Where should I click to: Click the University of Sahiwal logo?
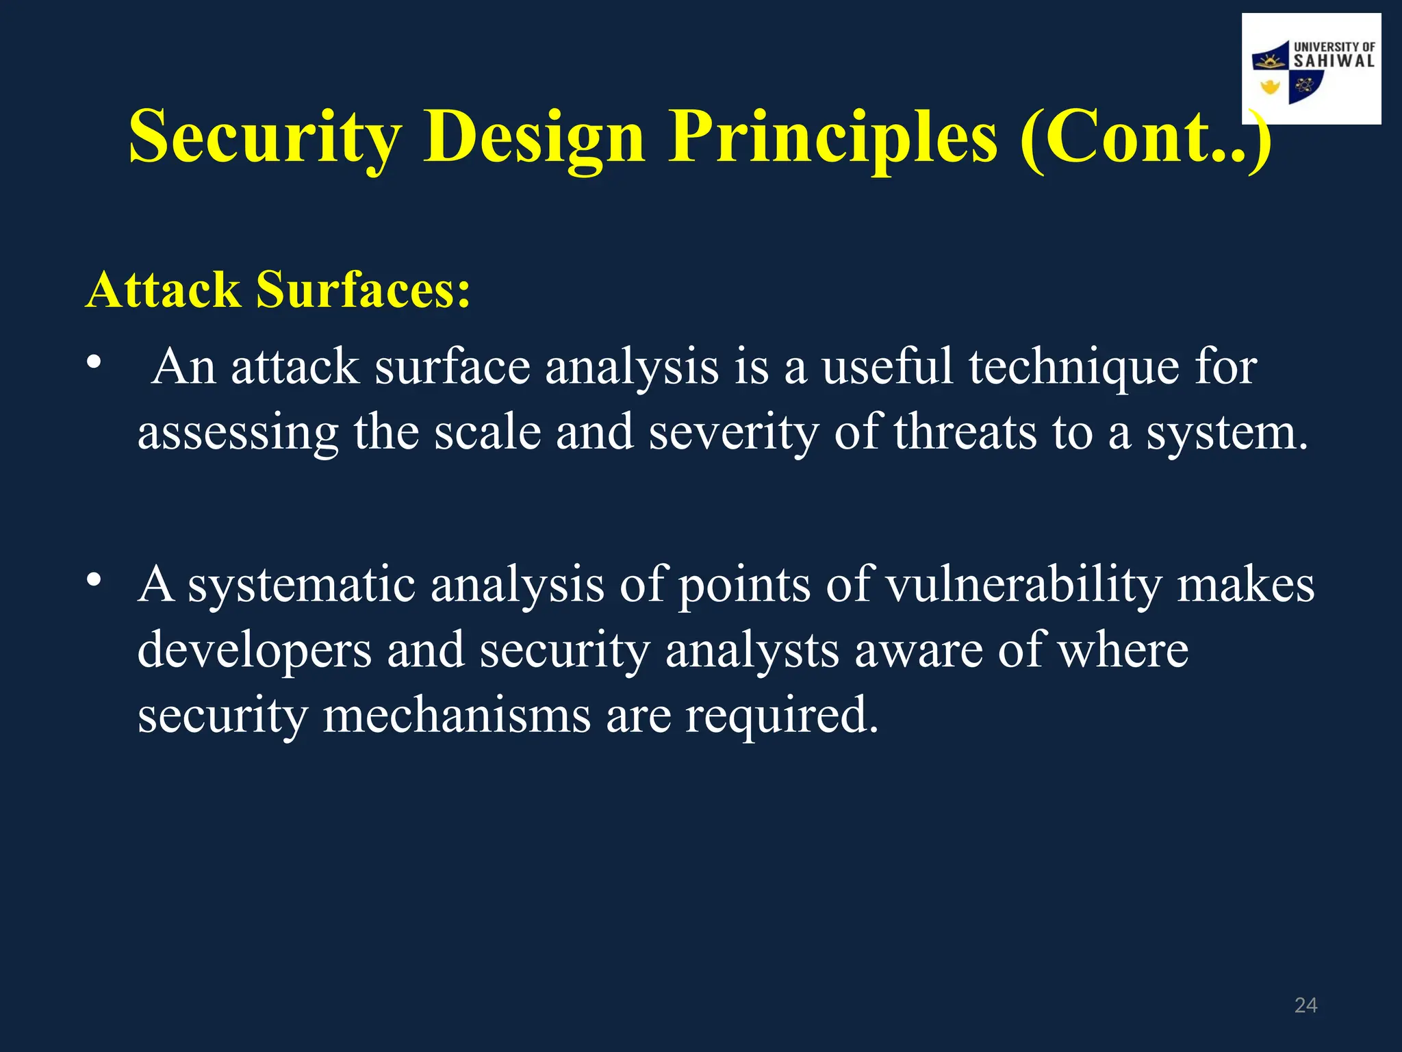pos(1311,68)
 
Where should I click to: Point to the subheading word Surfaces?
pos(363,290)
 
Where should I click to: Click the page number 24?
pos(1305,1005)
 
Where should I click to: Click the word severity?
pos(733,433)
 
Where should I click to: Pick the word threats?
pos(965,433)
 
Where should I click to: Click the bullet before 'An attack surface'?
pos(94,362)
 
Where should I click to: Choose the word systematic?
pos(301,586)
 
